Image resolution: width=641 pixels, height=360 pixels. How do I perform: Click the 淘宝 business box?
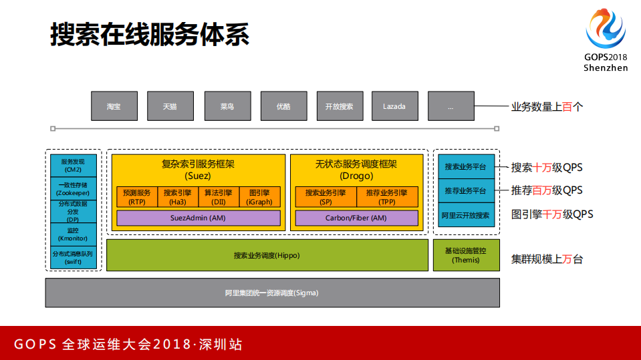pyautogui.click(x=114, y=106)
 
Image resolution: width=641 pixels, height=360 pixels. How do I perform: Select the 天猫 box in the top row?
pyautogui.click(x=170, y=106)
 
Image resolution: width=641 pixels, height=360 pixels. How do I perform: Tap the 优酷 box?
pyautogui.click(x=283, y=106)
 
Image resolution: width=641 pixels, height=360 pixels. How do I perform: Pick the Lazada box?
pyautogui.click(x=394, y=106)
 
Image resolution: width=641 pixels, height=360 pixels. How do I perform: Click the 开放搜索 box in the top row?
pyautogui.click(x=340, y=106)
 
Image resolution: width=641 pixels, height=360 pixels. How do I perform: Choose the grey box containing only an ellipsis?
pyautogui.click(x=451, y=106)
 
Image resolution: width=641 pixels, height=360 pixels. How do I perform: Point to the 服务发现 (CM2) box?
pyautogui.click(x=74, y=166)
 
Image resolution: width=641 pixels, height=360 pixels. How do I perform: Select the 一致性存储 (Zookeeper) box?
pyautogui.click(x=74, y=189)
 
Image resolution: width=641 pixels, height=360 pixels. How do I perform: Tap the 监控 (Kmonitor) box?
pyautogui.click(x=74, y=234)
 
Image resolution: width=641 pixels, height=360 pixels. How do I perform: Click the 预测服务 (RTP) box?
pyautogui.click(x=137, y=197)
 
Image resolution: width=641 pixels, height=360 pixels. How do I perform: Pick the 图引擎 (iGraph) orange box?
pyautogui.click(x=259, y=197)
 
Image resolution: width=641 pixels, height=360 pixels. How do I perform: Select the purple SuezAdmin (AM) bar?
pyautogui.click(x=198, y=218)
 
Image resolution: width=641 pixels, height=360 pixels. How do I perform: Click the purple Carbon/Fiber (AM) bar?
pyautogui.click(x=356, y=218)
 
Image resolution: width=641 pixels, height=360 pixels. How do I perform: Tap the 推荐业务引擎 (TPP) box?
pyautogui.click(x=387, y=197)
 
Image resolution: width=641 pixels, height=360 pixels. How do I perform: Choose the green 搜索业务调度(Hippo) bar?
pyautogui.click(x=267, y=255)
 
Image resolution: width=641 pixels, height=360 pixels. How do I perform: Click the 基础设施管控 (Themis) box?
pyautogui.click(x=466, y=255)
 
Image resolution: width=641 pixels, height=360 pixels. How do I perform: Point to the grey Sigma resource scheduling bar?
pyautogui.click(x=272, y=293)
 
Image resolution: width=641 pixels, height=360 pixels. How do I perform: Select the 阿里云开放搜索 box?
pyautogui.click(x=466, y=215)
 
